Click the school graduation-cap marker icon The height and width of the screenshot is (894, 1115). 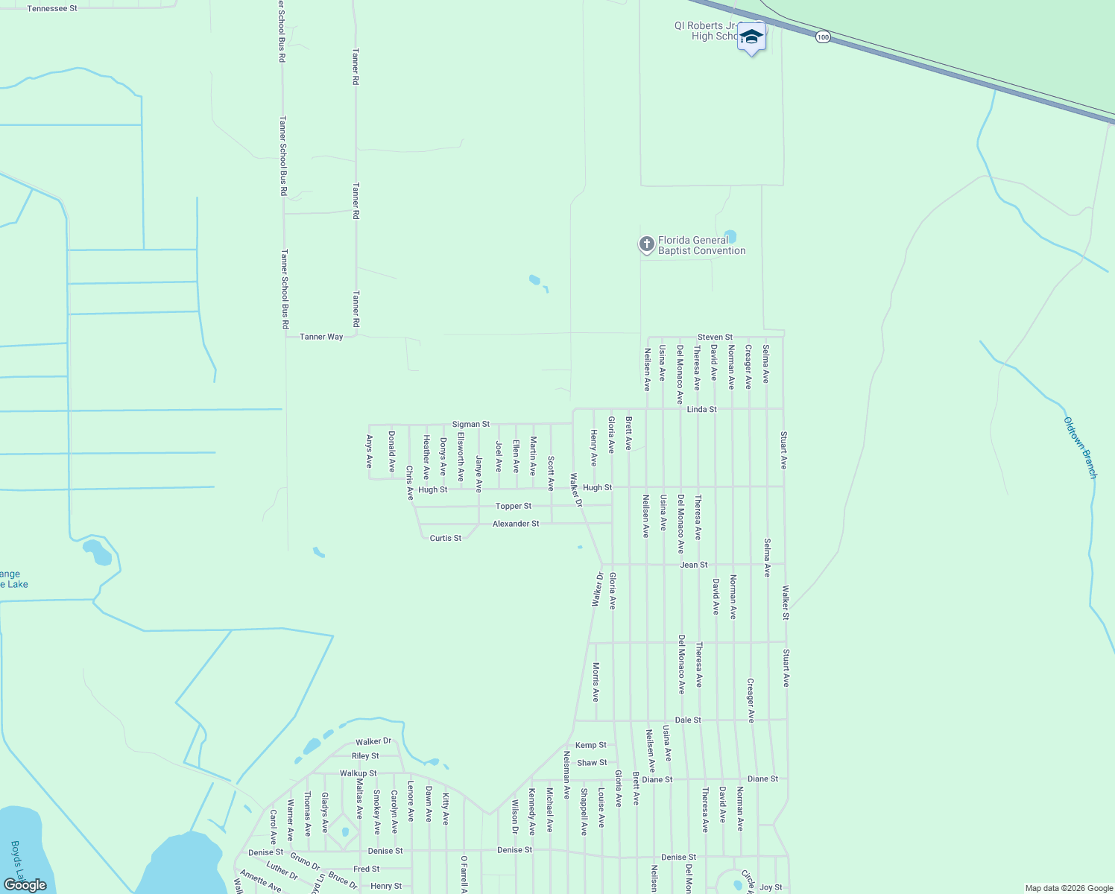coord(751,37)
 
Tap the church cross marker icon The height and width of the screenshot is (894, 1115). coord(646,244)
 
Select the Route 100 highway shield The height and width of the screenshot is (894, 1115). coord(823,37)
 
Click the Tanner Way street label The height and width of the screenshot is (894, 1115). coord(321,337)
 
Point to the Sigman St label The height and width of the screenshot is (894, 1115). coord(471,424)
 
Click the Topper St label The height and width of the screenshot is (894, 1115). coord(514,506)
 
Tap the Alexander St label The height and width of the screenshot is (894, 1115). coord(516,524)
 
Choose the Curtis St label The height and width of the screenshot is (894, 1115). coord(446,538)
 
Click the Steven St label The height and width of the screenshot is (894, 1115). coord(715,337)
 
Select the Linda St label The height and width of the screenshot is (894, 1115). coord(701,409)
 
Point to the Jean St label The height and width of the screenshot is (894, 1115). coord(694,565)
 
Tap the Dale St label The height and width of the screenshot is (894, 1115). coord(688,720)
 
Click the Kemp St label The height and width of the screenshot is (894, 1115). coord(591,745)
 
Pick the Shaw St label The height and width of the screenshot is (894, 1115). coord(592,763)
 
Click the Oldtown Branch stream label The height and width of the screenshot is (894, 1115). coord(1080,447)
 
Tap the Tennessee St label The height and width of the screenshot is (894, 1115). coord(52,8)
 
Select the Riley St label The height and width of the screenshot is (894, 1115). coord(365,756)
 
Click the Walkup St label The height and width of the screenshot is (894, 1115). coord(358,773)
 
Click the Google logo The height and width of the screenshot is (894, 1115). coord(25,885)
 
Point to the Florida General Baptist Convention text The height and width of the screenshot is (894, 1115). coord(701,245)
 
